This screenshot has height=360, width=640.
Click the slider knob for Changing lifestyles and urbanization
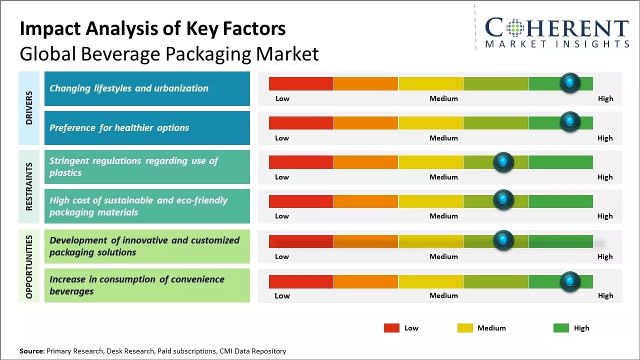[570, 83]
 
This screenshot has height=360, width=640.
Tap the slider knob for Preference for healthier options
[570, 122]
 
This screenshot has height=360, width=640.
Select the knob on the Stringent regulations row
[503, 162]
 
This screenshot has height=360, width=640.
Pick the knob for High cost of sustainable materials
[503, 200]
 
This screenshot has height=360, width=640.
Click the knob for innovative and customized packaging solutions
[503, 240]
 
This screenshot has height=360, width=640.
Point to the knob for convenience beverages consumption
[570, 281]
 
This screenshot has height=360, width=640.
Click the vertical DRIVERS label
[29, 107]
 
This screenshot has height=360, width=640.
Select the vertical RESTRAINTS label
[29, 186]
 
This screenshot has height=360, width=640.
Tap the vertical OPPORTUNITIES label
[29, 266]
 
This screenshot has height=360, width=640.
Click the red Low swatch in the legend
[391, 328]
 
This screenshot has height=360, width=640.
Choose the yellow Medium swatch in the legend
[465, 328]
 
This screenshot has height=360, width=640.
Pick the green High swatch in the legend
[561, 328]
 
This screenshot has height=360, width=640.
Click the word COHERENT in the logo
[557, 28]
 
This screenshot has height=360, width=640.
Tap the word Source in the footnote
[31, 351]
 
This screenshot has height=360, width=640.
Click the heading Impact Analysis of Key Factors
[152, 29]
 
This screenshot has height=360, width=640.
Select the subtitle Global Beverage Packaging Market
[169, 54]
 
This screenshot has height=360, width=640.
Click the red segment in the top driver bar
[301, 83]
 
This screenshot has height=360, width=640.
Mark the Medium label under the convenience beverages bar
[443, 295]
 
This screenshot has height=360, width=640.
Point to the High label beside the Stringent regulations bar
[605, 177]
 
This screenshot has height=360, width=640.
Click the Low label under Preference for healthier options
[282, 138]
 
